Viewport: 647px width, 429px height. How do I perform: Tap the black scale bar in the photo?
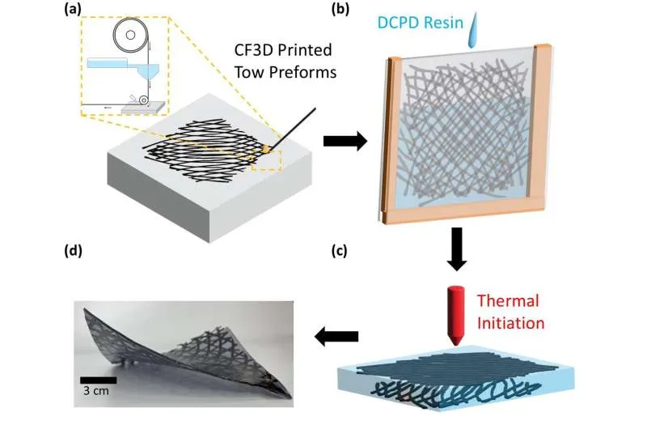tap(98, 379)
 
